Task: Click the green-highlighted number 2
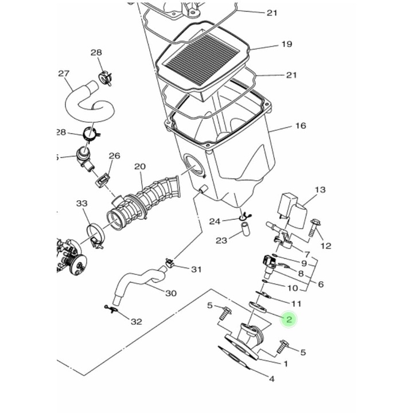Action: click(289, 320)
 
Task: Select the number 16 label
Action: click(301, 126)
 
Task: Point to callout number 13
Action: click(320, 190)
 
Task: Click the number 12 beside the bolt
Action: click(326, 246)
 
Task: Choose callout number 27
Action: click(64, 73)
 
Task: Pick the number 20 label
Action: click(139, 167)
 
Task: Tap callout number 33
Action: click(82, 204)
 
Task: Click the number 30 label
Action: click(170, 293)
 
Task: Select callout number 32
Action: click(136, 321)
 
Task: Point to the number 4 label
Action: click(271, 379)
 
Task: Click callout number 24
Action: click(215, 221)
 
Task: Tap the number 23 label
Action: click(221, 241)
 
